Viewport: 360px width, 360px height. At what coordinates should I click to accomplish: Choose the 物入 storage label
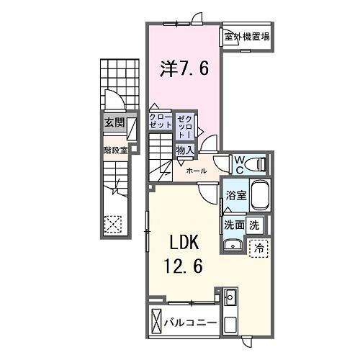tap(184, 150)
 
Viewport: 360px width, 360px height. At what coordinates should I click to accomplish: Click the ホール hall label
tap(197, 171)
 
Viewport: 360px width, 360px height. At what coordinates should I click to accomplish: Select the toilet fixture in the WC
tap(257, 164)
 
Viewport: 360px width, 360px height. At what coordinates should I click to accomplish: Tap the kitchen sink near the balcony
tap(230, 297)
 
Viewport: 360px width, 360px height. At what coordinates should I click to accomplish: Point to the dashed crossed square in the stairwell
tap(113, 225)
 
